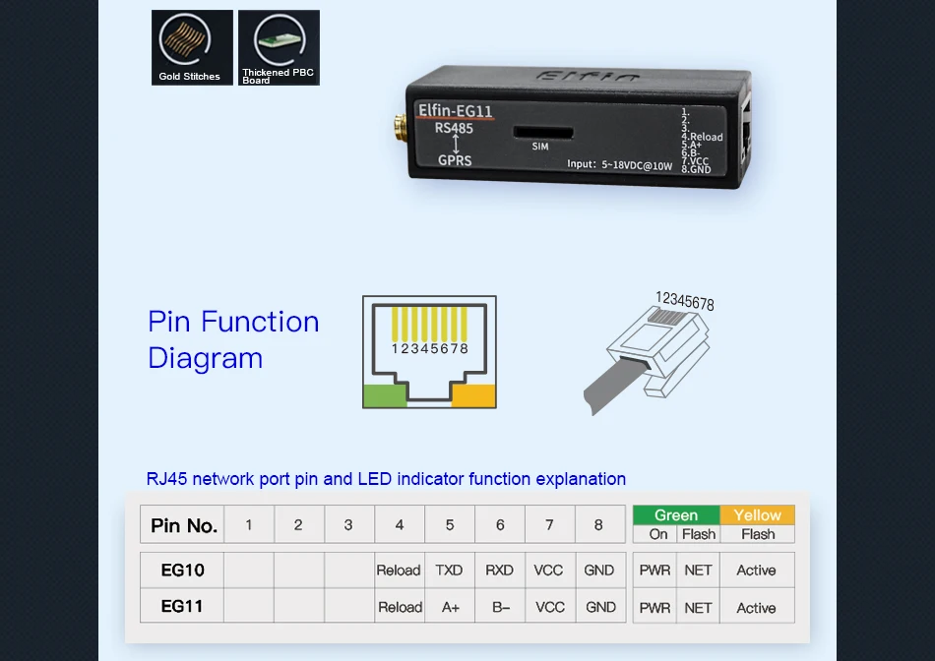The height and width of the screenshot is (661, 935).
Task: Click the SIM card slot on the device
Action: tap(539, 131)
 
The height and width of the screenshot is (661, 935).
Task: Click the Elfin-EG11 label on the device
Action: tap(456, 111)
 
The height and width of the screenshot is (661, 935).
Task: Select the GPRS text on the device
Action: tap(455, 160)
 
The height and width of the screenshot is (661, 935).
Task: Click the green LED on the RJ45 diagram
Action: tap(385, 395)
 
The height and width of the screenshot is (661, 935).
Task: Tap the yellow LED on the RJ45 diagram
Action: tap(474, 395)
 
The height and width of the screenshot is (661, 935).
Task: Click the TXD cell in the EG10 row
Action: tap(449, 571)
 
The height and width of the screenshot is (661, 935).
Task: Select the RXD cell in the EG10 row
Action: tap(499, 571)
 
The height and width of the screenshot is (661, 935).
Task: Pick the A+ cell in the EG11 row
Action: tap(450, 607)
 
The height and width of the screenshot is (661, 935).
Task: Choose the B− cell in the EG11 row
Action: tap(500, 607)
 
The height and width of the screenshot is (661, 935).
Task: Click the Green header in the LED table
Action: tap(676, 515)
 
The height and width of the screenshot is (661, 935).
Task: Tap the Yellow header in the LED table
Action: tap(757, 515)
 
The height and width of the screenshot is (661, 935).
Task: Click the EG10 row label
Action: tap(182, 571)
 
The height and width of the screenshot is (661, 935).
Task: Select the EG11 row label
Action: tap(182, 607)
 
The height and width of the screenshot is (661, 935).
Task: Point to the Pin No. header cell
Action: tap(184, 525)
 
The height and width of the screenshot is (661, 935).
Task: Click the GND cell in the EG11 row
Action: tap(600, 607)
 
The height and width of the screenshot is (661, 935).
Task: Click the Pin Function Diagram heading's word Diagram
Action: tap(206, 358)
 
